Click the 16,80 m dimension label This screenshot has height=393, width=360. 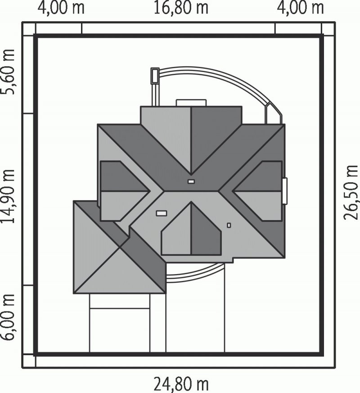pos(180,8)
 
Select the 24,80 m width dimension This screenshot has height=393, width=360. pos(181,384)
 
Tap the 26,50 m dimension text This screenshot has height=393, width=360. pos(351,193)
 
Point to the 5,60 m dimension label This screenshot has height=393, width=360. pos(8,72)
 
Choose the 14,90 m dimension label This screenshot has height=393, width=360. pos(8,196)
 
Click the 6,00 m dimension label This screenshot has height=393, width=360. pos(8,317)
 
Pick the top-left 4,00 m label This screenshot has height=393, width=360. pos(61,8)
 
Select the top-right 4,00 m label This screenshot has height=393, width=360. pos(300,8)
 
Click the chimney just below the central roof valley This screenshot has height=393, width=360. pos(191,181)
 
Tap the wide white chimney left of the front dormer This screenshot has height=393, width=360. pos(162,213)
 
